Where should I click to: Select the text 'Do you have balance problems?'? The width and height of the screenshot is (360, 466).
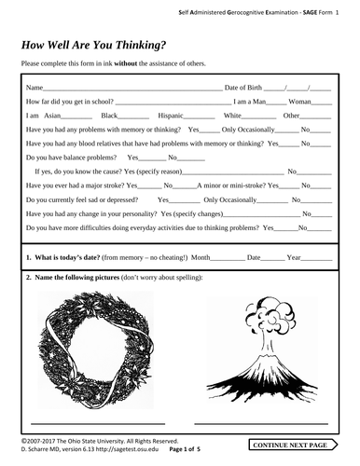click(72, 158)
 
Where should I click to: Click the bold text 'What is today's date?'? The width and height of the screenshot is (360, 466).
click(78, 256)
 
